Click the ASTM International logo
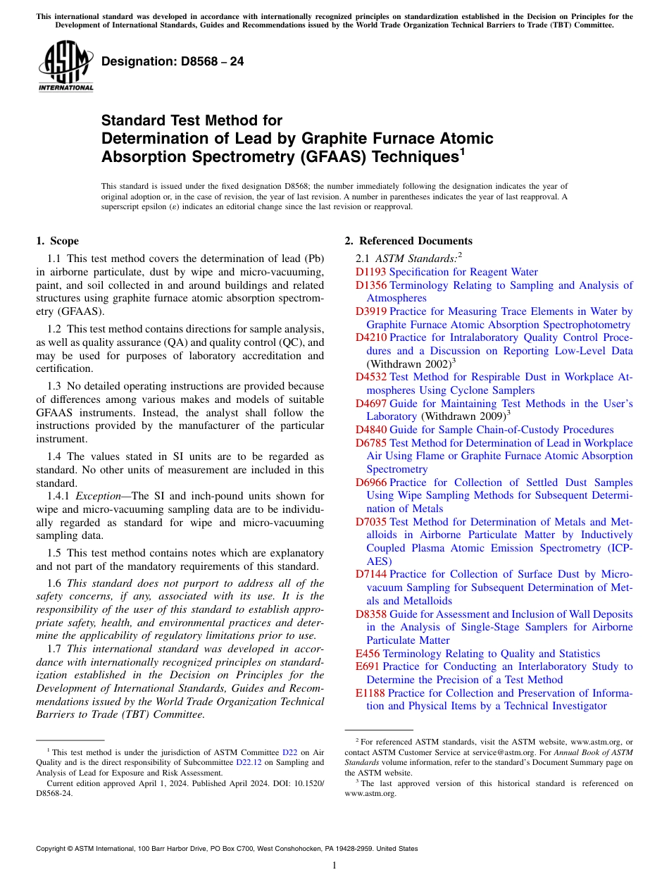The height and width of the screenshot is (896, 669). pyautogui.click(x=65, y=67)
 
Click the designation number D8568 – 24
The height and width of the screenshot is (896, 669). pyautogui.click(x=173, y=61)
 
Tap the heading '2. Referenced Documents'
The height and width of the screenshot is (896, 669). pyautogui.click(x=408, y=241)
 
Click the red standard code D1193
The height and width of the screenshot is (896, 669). pyautogui.click(x=370, y=272)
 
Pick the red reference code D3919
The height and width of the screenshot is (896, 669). pyautogui.click(x=370, y=311)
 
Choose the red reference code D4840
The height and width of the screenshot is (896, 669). pyautogui.click(x=370, y=430)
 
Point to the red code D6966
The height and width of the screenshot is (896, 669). pyautogui.click(x=370, y=483)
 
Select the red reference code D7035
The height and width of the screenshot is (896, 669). pyautogui.click(x=370, y=522)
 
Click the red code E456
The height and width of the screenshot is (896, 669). pyautogui.click(x=367, y=654)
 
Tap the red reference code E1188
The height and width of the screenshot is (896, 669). pyautogui.click(x=370, y=693)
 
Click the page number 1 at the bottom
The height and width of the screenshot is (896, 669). pyautogui.click(x=334, y=866)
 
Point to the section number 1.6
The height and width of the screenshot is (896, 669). pyautogui.click(x=54, y=583)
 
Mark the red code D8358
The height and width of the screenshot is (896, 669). pyautogui.click(x=370, y=614)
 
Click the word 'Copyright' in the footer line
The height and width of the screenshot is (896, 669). pyautogui.click(x=54, y=849)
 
